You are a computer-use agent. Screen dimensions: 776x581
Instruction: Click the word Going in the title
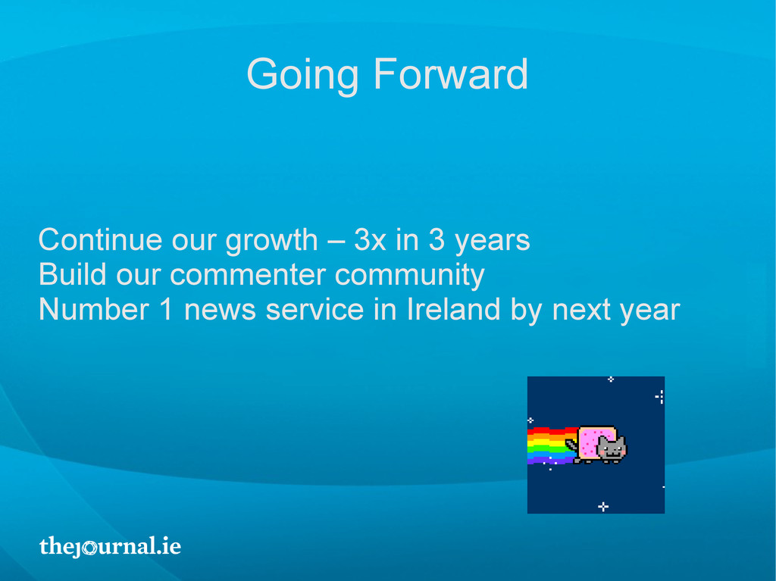pyautogui.click(x=302, y=75)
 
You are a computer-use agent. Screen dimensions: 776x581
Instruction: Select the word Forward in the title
pyautogui.click(x=451, y=73)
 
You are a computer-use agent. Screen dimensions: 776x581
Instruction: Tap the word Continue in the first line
pyautogui.click(x=101, y=240)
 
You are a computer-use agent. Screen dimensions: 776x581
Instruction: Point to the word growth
pyautogui.click(x=272, y=242)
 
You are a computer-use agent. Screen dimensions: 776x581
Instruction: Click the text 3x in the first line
pyautogui.click(x=370, y=240)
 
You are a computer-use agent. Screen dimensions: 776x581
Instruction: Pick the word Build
pyautogui.click(x=73, y=274)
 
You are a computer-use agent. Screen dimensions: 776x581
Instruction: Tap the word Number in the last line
pyautogui.click(x=94, y=309)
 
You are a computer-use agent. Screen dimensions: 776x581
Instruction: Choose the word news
pyautogui.click(x=221, y=311)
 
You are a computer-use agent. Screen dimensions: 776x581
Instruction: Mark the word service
pyautogui.click(x=314, y=309)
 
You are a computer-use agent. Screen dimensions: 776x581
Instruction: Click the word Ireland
pyautogui.click(x=453, y=309)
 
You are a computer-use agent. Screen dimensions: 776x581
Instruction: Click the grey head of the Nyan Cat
pyautogui.click(x=612, y=448)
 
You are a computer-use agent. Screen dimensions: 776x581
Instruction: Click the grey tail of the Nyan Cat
pyautogui.click(x=571, y=444)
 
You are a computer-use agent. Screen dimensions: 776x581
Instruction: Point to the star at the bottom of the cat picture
pyautogui.click(x=602, y=506)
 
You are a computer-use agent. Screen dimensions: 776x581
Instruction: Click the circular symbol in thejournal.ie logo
pyautogui.click(x=89, y=548)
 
